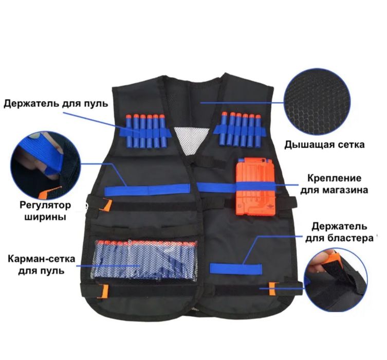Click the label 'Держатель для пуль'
[x=56, y=103]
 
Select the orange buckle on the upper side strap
[x=107, y=205]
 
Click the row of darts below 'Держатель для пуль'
[x=145, y=130]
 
